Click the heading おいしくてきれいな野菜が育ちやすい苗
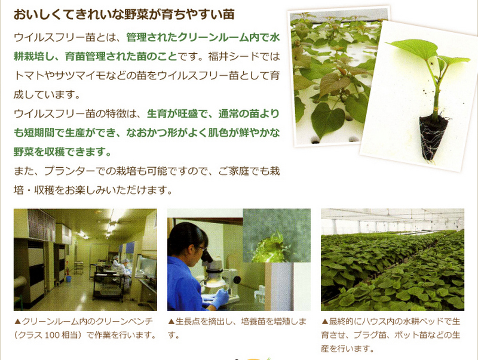[x=124, y=14]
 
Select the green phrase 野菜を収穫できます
[x=59, y=152]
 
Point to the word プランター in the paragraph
[x=69, y=171]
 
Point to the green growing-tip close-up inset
[x=277, y=235]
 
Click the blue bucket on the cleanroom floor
[x=69, y=278]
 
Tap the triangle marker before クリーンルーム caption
[x=17, y=321]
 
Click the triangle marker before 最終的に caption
[x=324, y=321]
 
